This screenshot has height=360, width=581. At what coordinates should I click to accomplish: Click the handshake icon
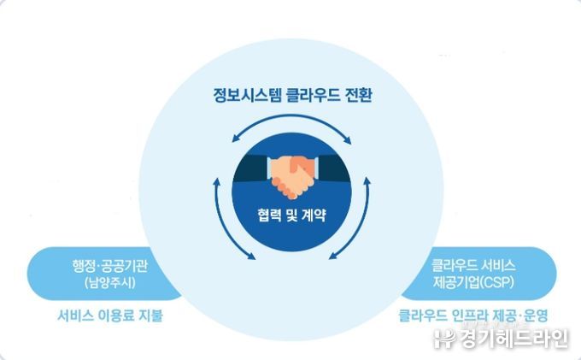click(x=290, y=175)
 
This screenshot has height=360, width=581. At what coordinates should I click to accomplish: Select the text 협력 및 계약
click(x=290, y=213)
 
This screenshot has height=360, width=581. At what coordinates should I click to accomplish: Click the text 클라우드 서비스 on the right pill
click(x=473, y=263)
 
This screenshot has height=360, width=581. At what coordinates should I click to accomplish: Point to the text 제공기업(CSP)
click(x=473, y=280)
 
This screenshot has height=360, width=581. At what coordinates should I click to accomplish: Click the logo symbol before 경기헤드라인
click(x=442, y=339)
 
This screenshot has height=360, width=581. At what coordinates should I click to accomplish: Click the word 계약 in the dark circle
click(x=315, y=213)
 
